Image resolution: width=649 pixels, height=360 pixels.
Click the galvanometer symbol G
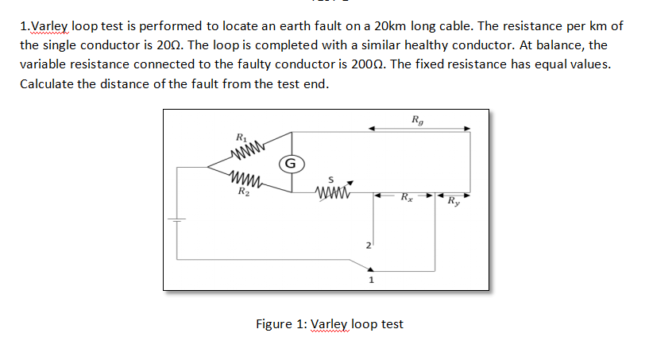pyautogui.click(x=290, y=165)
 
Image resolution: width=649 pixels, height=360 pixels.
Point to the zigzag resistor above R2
pyautogui.click(x=249, y=180)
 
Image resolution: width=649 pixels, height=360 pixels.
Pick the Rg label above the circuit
pyautogui.click(x=419, y=120)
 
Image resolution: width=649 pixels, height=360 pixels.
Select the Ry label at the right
pyautogui.click(x=454, y=199)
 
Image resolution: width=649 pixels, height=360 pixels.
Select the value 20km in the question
pyautogui.click(x=424, y=26)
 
